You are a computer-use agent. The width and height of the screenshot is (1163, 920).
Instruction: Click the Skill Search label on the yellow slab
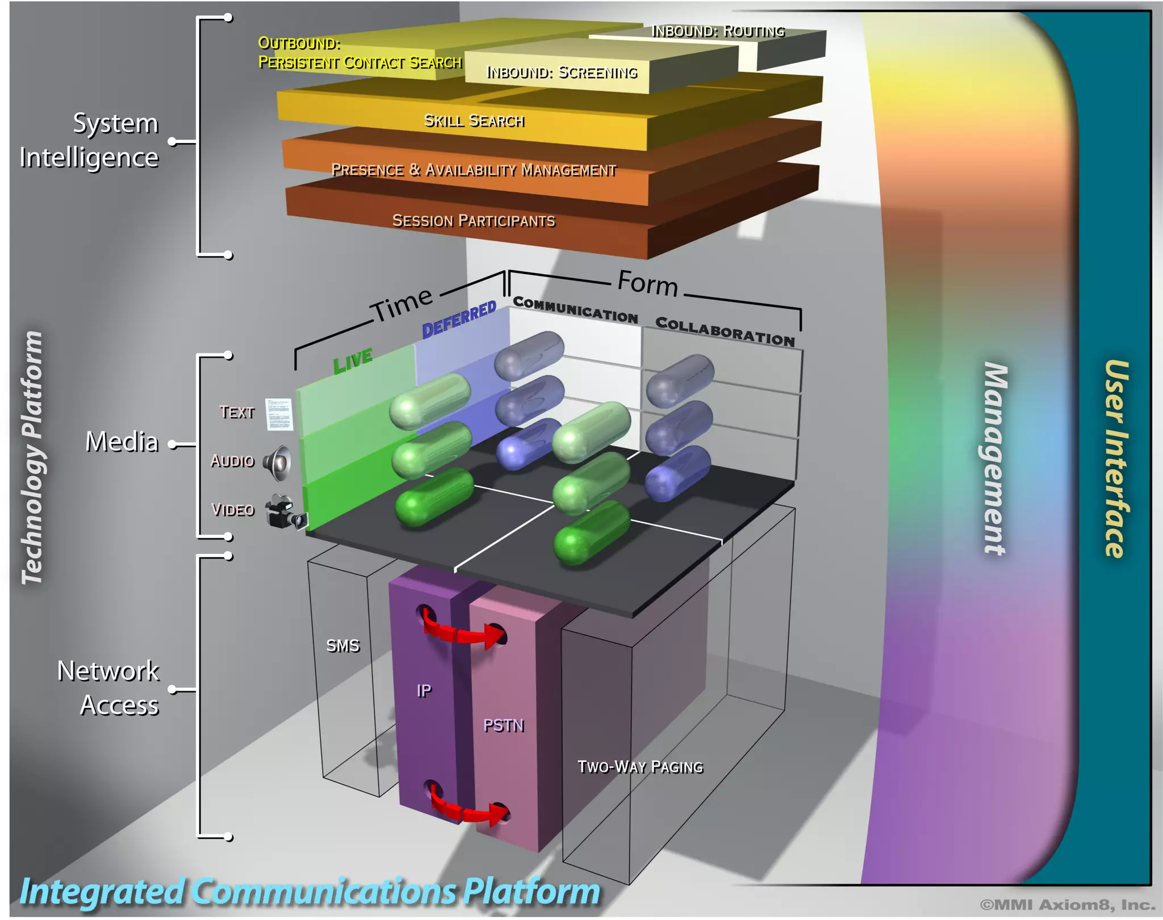point(474,121)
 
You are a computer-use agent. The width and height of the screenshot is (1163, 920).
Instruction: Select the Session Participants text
point(474,221)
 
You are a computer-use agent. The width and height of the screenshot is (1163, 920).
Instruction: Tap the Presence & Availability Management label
point(474,170)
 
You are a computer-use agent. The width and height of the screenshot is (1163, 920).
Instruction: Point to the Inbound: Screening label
point(562,73)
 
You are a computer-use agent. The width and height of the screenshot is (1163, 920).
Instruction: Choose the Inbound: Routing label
point(718,31)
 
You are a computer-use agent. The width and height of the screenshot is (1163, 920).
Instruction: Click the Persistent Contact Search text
point(360,62)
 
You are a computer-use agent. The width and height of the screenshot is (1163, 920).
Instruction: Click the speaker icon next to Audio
point(278,463)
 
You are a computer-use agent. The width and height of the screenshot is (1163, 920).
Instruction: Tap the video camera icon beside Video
point(286,511)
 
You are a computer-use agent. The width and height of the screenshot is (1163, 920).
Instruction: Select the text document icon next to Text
point(279,414)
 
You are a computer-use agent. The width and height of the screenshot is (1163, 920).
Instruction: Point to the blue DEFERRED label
point(459,320)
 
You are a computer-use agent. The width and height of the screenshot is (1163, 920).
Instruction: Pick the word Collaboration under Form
point(725,331)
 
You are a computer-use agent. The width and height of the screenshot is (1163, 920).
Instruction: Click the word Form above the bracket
point(647,283)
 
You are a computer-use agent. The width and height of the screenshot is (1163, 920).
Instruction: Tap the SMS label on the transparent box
point(342,646)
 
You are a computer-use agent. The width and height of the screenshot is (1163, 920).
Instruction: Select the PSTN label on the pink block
point(503,725)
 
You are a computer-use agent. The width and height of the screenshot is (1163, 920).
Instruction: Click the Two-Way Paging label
point(640,767)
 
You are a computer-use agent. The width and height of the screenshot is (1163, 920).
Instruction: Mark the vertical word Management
point(995,458)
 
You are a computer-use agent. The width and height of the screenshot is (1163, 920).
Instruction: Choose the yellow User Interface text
point(1115,458)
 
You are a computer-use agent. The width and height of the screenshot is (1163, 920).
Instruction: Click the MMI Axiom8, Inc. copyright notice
point(1067,905)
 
